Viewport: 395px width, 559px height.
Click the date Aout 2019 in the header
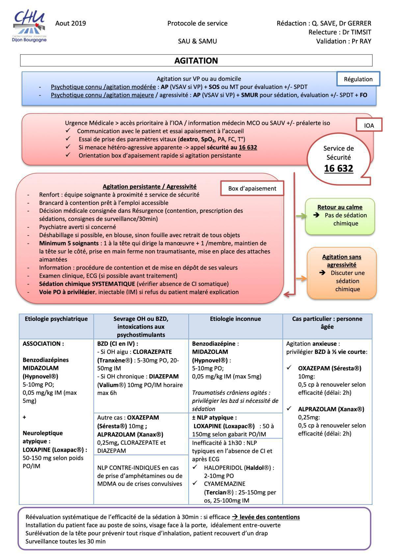(x=70, y=23)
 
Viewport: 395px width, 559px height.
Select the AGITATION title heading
(x=196, y=61)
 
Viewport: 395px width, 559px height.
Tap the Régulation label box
(x=358, y=79)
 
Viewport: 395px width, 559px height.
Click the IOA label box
(x=369, y=126)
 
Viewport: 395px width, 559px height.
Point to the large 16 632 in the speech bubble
(x=338, y=168)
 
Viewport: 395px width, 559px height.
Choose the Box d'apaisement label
(x=252, y=188)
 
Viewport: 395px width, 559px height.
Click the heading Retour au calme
(x=340, y=207)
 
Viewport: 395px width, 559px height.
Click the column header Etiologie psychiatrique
(x=56, y=319)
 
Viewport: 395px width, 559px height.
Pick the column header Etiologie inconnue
(x=235, y=319)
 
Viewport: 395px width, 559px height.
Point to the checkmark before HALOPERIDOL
(x=195, y=467)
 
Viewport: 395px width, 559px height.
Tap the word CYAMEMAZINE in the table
(x=224, y=484)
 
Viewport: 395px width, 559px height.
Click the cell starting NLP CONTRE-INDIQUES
(x=140, y=476)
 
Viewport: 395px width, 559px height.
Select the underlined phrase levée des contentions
(x=270, y=517)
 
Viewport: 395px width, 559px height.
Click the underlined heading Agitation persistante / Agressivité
(x=149, y=186)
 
